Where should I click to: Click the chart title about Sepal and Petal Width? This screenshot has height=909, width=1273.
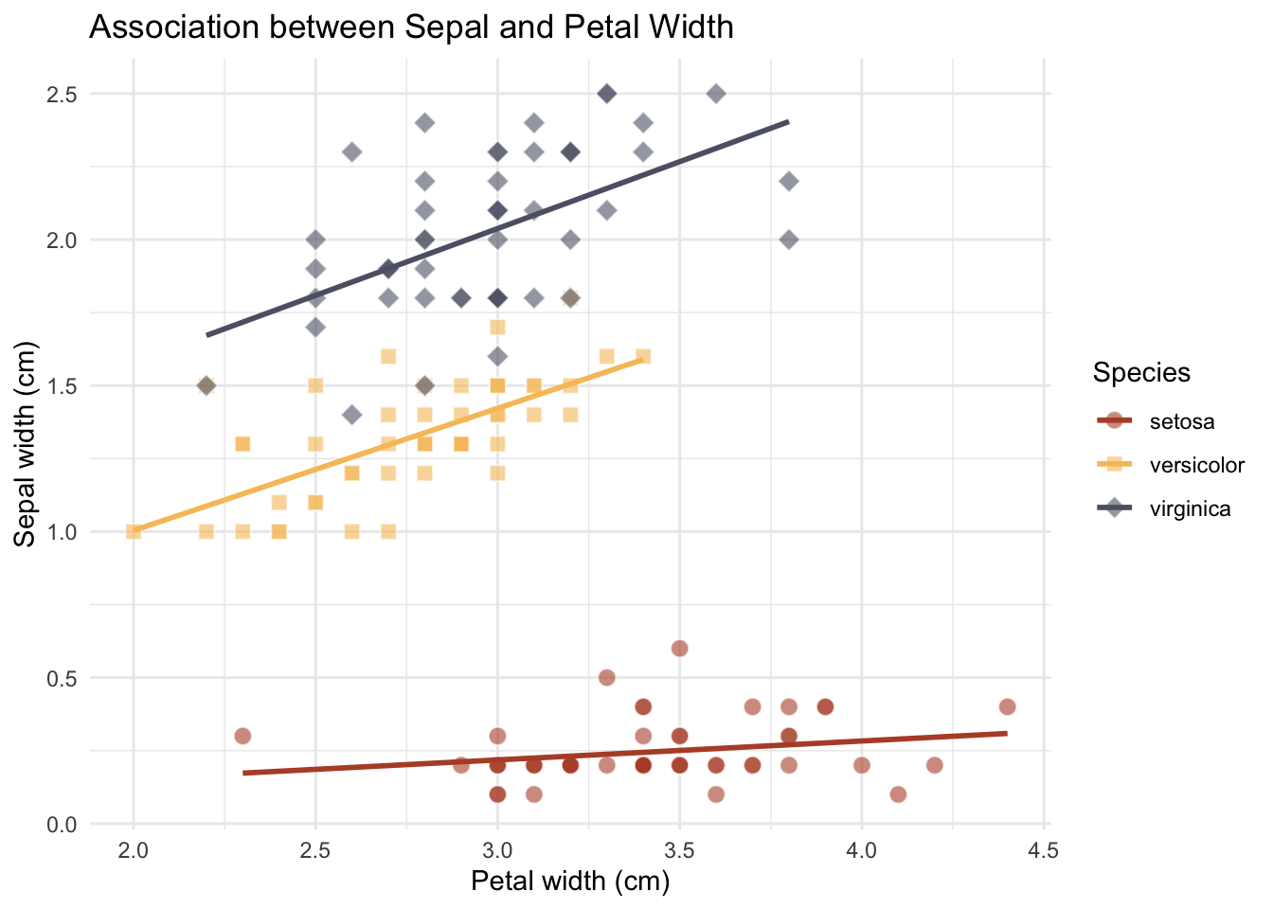[x=411, y=27]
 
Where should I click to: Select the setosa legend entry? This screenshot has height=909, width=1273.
[x=1181, y=421]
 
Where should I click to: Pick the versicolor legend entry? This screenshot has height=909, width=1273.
[x=1196, y=465]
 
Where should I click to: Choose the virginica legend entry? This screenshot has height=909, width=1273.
[x=1190, y=508]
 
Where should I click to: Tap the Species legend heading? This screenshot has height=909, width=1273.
[x=1141, y=372]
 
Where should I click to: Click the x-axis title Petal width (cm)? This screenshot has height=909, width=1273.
[x=570, y=882]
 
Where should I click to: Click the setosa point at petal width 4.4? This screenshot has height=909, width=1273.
[x=1007, y=706]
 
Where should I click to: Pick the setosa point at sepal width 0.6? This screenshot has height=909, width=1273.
[x=679, y=649]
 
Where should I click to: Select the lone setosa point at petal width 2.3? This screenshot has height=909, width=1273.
[x=242, y=736]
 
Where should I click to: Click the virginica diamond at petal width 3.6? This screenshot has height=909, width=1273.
[x=716, y=94]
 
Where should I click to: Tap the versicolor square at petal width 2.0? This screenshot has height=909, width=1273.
[x=134, y=531]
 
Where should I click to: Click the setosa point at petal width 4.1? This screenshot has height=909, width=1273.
[x=898, y=793]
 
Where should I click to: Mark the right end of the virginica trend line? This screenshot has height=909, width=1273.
[x=788, y=122]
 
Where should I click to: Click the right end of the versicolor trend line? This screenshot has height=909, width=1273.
[x=643, y=359]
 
